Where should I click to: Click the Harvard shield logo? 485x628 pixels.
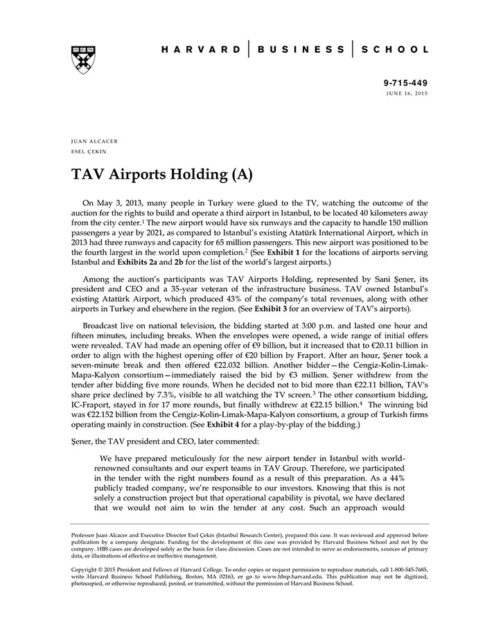(83, 60)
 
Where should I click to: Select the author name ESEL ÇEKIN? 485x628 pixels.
(89, 150)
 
